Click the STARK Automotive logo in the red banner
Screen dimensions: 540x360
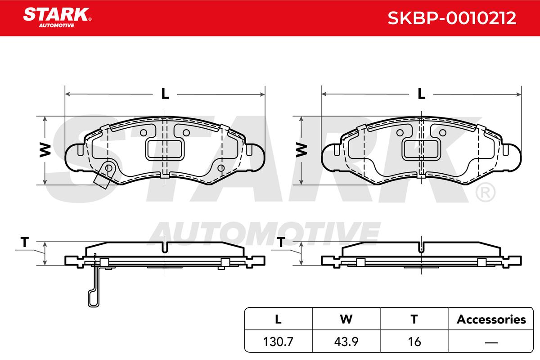point(57,18)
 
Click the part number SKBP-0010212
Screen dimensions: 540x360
point(452,18)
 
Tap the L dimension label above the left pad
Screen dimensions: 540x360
point(165,94)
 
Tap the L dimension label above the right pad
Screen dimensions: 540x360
point(421,94)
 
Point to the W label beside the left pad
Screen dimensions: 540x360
point(45,150)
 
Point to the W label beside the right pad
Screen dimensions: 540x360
point(301,150)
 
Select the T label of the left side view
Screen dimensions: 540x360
point(25,242)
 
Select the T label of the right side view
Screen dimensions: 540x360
point(281,242)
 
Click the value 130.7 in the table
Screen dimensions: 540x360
point(278,342)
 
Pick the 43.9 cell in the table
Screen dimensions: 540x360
point(346,342)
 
